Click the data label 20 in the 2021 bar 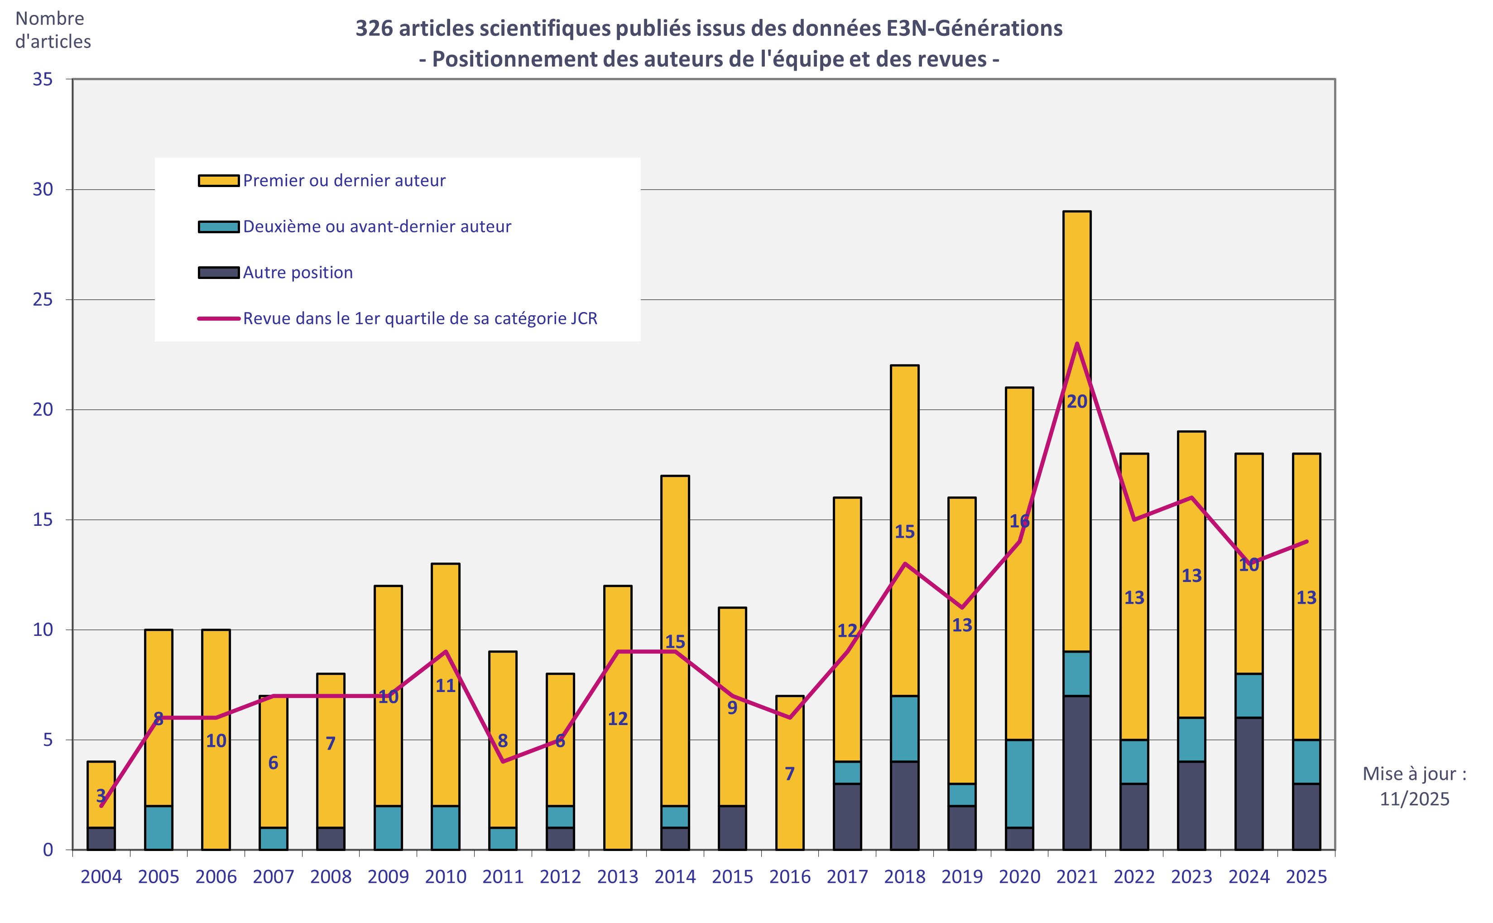pyautogui.click(x=1077, y=402)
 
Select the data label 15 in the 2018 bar pyautogui.click(x=905, y=532)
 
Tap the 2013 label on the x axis pyautogui.click(x=617, y=877)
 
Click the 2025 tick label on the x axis pyautogui.click(x=1306, y=877)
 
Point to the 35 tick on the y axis pyautogui.click(x=43, y=79)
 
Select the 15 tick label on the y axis pyautogui.click(x=43, y=519)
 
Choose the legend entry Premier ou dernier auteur pyautogui.click(x=344, y=181)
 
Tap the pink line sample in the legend pyautogui.click(x=219, y=318)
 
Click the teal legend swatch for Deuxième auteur pyautogui.click(x=219, y=226)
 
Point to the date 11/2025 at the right pyautogui.click(x=1414, y=798)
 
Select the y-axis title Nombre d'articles pyautogui.click(x=53, y=30)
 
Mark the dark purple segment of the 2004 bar pyautogui.click(x=101, y=838)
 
